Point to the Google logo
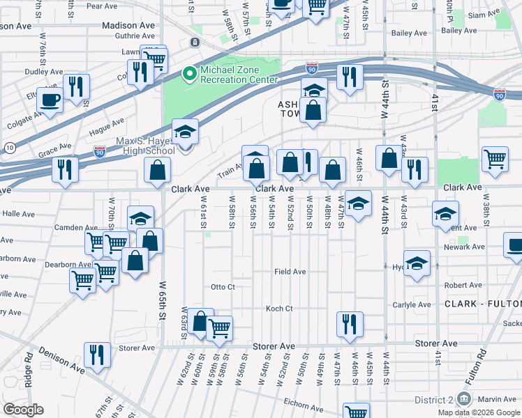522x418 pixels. point(23,409)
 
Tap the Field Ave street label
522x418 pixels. point(290,272)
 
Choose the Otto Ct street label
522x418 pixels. point(223,287)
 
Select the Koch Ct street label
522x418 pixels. point(279,309)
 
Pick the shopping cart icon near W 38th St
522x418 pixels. point(494,158)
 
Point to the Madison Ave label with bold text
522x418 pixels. point(128,25)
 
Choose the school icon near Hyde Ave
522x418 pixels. point(417,263)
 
